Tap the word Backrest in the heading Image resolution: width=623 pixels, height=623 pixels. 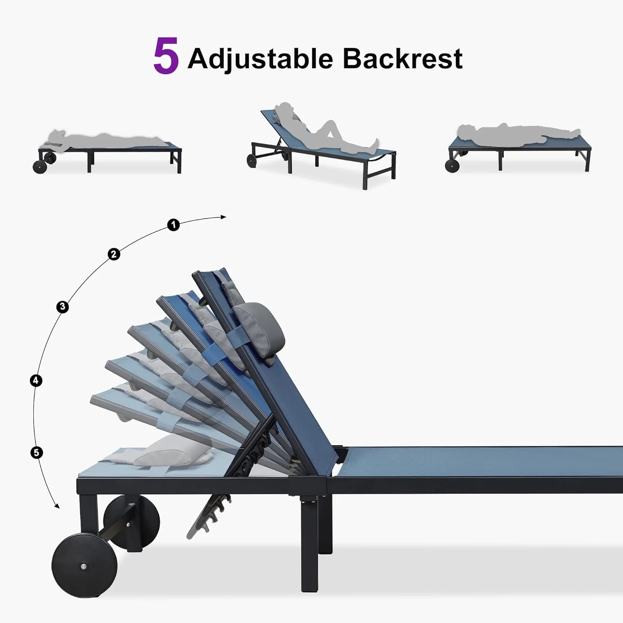402,58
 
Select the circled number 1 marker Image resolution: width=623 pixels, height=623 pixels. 174,225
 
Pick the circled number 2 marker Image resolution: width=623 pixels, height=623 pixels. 114,254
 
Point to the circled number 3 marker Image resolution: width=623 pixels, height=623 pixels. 62,307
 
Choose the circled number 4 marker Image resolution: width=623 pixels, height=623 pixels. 36,380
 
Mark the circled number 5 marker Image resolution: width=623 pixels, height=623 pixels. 37,452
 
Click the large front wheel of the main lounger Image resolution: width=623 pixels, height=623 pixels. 84,567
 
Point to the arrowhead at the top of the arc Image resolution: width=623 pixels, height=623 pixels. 223,217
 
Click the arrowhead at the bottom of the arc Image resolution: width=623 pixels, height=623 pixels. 57,505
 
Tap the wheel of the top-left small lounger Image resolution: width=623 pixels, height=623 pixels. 40,167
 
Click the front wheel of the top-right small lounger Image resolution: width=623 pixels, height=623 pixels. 451,166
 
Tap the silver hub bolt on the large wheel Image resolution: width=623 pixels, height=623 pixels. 84,567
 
